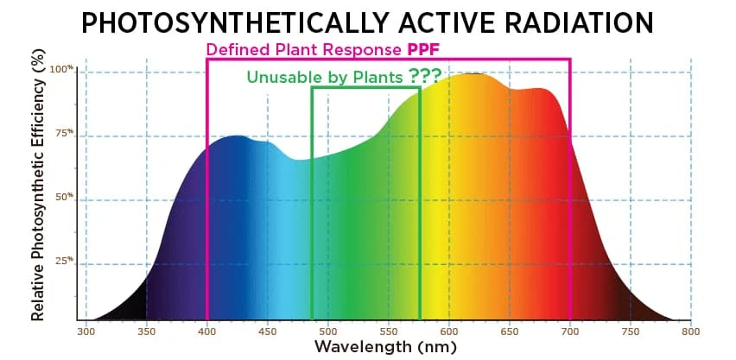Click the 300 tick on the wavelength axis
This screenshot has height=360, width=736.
point(86,331)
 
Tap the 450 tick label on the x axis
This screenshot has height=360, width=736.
point(267,331)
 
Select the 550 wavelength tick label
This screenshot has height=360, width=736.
point(388,331)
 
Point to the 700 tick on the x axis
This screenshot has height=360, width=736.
point(569,331)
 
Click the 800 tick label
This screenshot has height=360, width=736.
point(689,331)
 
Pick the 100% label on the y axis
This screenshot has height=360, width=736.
point(61,70)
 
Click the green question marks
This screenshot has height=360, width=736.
point(429,76)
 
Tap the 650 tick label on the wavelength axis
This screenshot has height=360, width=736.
point(509,331)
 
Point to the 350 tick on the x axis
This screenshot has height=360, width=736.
point(146,331)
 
